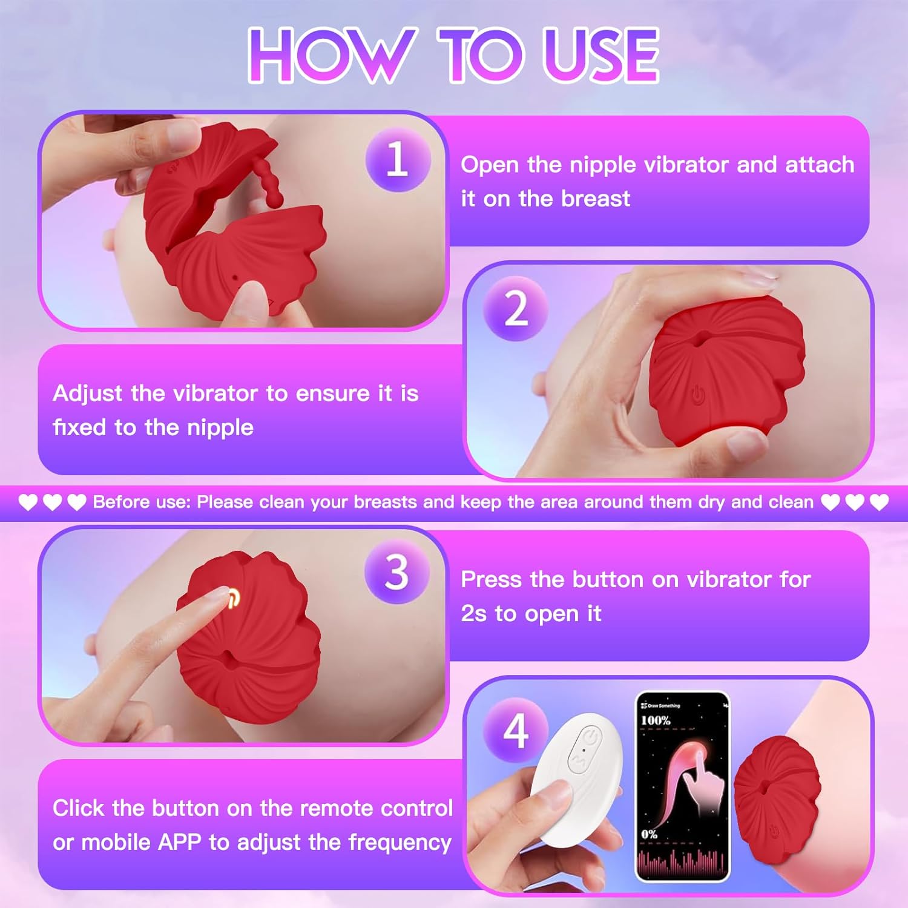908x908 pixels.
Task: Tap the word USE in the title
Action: pyautogui.click(x=600, y=55)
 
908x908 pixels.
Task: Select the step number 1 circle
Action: pyautogui.click(x=398, y=160)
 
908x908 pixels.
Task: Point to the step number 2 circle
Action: pyautogui.click(x=516, y=309)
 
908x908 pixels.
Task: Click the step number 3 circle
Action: pyautogui.click(x=397, y=571)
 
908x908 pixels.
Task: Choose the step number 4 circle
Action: pyautogui.click(x=516, y=730)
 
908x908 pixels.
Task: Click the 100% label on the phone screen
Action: pyautogui.click(x=656, y=720)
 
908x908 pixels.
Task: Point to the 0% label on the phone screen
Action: pyautogui.click(x=649, y=834)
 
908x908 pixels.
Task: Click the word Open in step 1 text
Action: pyautogui.click(x=489, y=165)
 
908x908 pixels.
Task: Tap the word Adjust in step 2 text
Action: pyautogui.click(x=88, y=394)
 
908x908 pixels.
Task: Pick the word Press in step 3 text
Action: pyautogui.click(x=491, y=580)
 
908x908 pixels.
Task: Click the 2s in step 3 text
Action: pyautogui.click(x=474, y=614)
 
